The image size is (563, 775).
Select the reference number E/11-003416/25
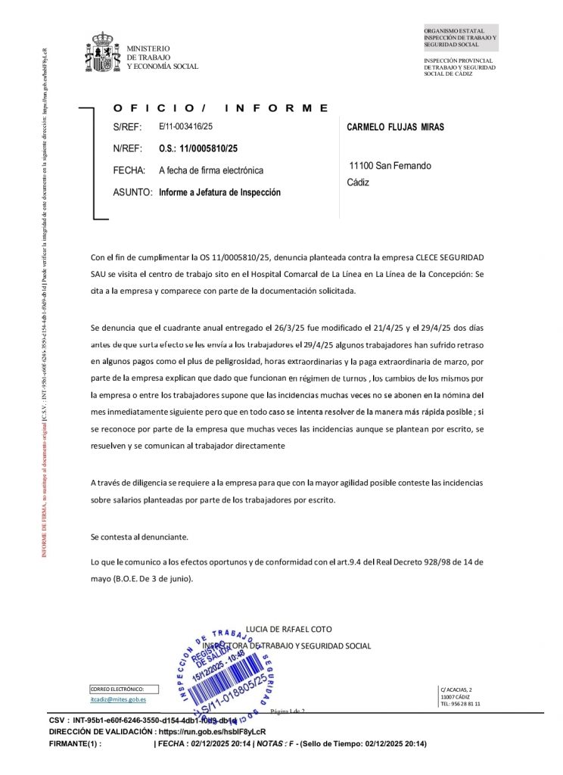186,126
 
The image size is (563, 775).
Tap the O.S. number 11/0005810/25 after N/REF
198,148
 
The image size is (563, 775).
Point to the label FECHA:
129,170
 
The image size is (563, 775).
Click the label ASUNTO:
132,192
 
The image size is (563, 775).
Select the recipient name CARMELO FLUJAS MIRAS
395,127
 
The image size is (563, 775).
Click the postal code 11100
361,166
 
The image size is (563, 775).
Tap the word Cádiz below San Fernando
358,182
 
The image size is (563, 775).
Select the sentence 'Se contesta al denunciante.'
139,537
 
